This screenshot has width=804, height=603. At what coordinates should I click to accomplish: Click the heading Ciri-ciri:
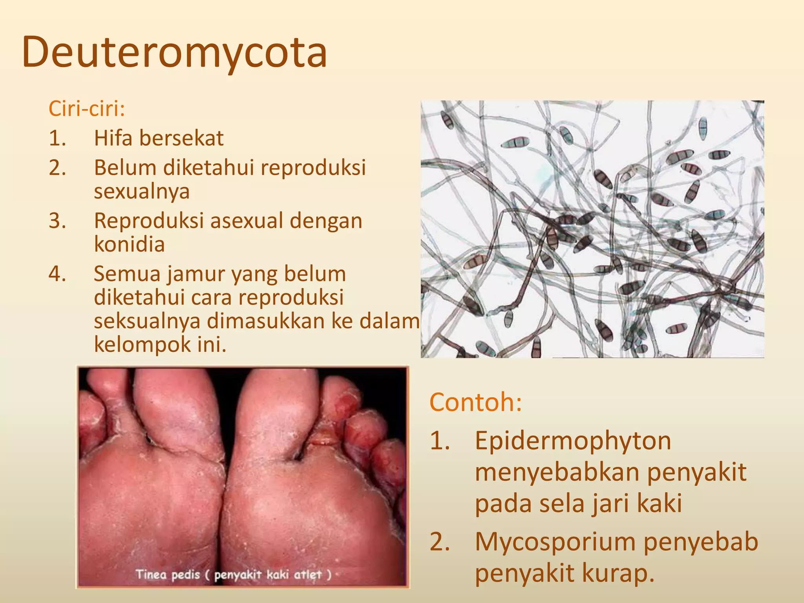87,109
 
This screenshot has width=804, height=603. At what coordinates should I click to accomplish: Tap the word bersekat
181,138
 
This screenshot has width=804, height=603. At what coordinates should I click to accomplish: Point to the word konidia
129,244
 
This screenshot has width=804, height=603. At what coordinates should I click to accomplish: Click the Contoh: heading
476,402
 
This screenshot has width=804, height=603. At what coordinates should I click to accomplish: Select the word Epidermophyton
573,440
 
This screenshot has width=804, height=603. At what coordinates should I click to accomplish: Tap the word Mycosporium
555,542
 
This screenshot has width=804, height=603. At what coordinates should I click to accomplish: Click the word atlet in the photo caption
308,575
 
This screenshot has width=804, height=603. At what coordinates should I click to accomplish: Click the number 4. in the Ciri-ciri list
57,274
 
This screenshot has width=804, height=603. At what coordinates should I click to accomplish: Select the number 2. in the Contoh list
440,542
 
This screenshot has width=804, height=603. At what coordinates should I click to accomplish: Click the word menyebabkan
557,472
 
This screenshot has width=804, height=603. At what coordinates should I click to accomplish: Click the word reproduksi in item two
313,168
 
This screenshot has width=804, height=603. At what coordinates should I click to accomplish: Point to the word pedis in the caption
186,575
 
